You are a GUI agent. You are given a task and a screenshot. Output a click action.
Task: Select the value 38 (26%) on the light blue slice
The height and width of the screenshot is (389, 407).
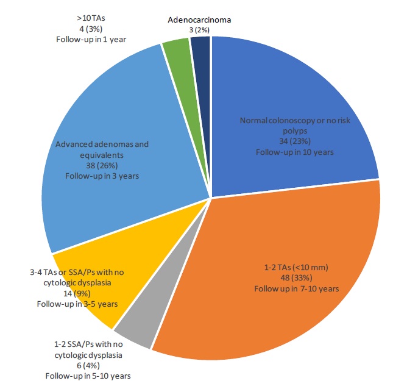point(102,165)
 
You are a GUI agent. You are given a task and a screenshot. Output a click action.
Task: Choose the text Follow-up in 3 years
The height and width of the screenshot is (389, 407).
point(102,176)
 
